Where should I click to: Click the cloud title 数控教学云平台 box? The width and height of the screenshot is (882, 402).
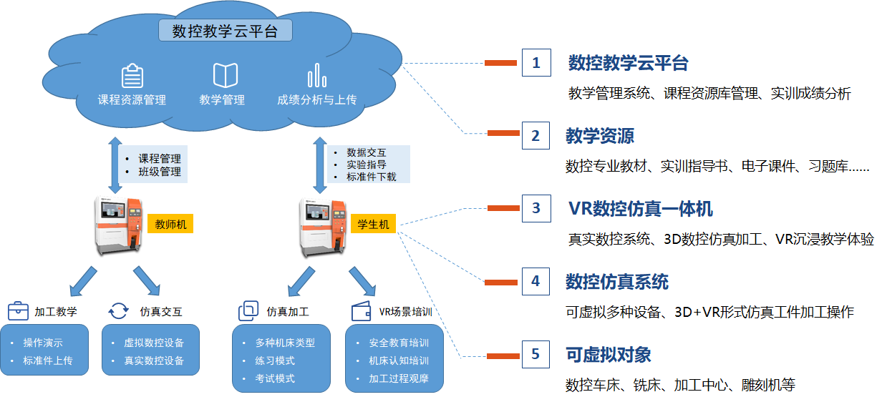tap(225, 31)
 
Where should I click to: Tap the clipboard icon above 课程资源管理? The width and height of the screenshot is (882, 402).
tap(132, 75)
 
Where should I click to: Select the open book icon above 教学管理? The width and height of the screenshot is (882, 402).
tap(226, 75)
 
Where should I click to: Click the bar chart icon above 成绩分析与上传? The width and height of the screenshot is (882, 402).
tap(316, 75)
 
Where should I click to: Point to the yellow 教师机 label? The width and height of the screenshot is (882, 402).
tap(171, 224)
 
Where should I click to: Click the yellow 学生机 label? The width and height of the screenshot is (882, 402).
tap(373, 224)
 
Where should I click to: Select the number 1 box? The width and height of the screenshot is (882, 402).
tap(536, 63)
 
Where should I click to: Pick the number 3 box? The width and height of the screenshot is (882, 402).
tap(536, 209)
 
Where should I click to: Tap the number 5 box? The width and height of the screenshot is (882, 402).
tap(536, 354)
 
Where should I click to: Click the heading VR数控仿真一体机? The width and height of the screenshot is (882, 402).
tap(640, 209)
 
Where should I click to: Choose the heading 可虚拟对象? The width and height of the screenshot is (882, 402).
tap(608, 354)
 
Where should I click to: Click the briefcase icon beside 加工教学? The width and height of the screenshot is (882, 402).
tap(18, 311)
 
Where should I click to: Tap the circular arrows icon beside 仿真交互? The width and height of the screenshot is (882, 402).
tap(118, 311)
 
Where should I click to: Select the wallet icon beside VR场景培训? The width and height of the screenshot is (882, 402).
tap(361, 311)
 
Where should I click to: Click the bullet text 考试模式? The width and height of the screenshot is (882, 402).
tap(275, 378)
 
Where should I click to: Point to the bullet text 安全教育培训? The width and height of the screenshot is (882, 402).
tap(399, 343)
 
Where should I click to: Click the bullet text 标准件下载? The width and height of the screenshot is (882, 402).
tap(371, 177)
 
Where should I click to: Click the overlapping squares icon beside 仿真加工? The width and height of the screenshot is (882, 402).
tap(248, 311)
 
